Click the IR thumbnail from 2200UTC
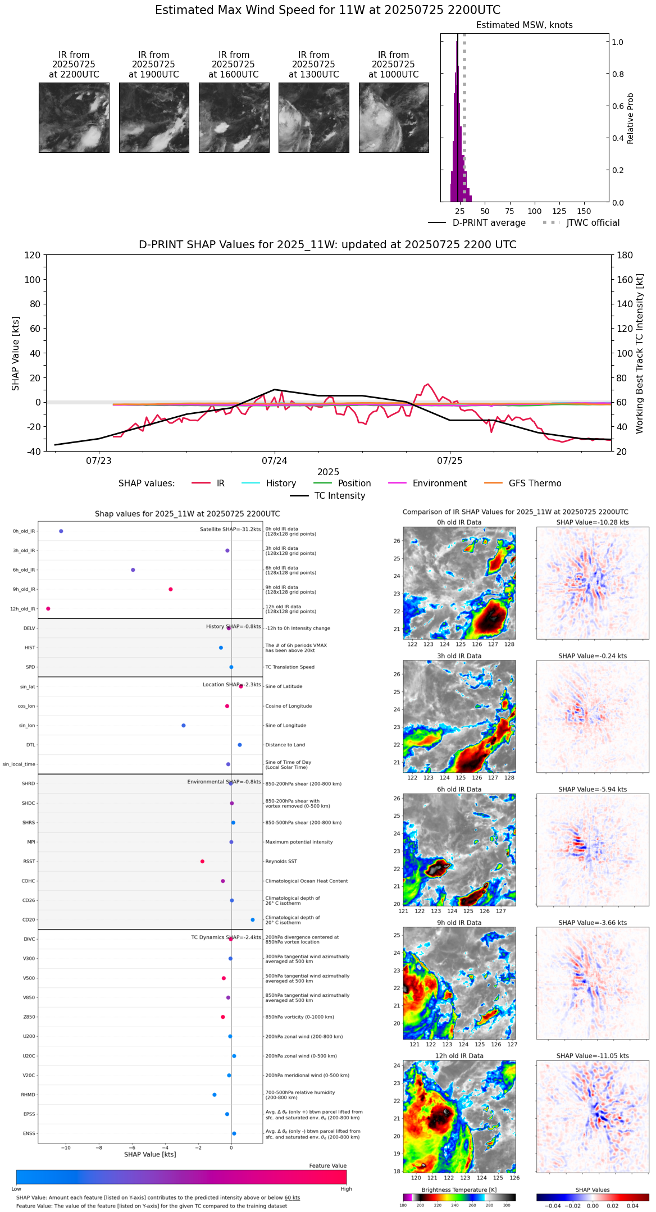74,117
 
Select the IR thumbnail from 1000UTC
393,117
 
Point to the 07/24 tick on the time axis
274,461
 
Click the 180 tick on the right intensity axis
625,255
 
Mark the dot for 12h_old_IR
48,609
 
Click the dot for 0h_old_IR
61,531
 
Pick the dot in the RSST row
202,862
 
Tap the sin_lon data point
184,726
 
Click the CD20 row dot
253,920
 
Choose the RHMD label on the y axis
28,1095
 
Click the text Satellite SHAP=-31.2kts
230,530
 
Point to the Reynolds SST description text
281,862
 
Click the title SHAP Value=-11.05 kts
593,1056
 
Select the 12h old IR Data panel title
459,1056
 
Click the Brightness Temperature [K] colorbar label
459,1190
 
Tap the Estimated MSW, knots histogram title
524,25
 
